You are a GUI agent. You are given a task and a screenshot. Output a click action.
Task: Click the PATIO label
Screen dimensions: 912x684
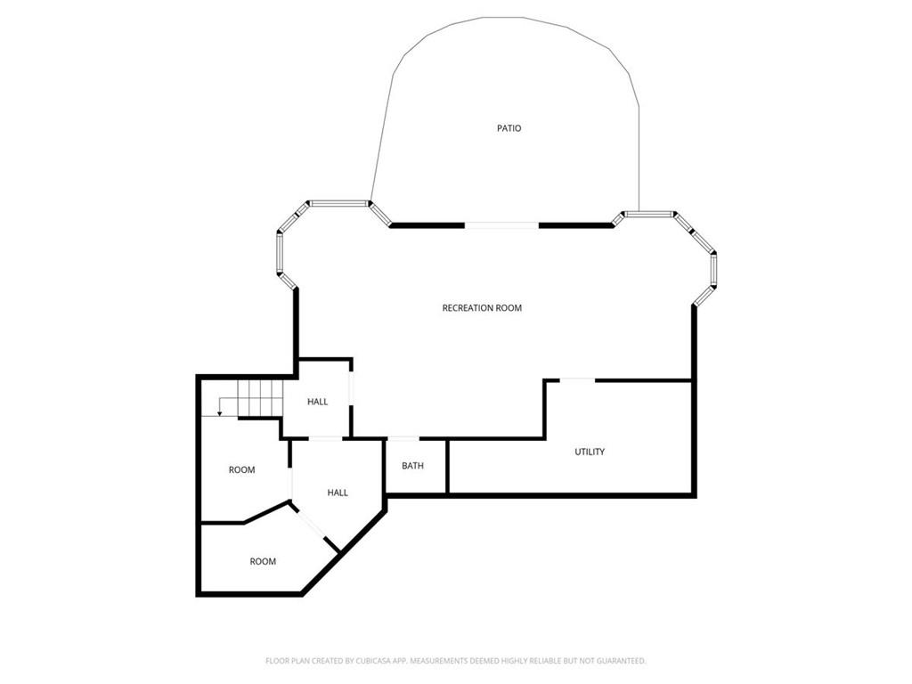click(509, 128)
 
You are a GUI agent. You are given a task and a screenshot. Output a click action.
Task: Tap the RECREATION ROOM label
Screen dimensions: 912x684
click(482, 307)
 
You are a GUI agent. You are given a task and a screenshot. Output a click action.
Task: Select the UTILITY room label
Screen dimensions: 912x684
click(590, 452)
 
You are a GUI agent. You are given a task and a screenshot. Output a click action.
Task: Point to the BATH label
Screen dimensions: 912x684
click(412, 466)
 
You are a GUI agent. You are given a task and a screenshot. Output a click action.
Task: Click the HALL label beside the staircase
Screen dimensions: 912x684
click(318, 402)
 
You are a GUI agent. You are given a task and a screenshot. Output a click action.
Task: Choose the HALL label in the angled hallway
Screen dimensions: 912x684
click(338, 493)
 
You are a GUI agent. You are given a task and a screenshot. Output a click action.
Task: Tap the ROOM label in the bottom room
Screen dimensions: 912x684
click(263, 561)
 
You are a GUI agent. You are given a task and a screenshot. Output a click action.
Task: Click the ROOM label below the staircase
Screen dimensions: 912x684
click(241, 469)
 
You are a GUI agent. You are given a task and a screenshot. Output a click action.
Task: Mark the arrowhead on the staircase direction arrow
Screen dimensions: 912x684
click(219, 413)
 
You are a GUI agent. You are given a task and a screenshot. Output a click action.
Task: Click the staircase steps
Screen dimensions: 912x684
click(260, 398)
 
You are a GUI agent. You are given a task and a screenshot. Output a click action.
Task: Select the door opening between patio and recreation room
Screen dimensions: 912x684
click(501, 225)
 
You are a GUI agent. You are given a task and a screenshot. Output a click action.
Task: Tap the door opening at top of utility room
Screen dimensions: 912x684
click(577, 380)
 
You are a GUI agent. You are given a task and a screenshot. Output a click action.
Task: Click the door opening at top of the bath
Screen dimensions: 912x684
click(403, 437)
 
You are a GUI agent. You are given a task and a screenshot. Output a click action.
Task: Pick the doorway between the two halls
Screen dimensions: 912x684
click(326, 437)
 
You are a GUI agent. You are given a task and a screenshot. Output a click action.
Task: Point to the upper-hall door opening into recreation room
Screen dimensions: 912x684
click(351, 387)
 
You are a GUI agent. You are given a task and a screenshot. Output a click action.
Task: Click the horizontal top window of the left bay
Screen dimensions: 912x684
click(338, 204)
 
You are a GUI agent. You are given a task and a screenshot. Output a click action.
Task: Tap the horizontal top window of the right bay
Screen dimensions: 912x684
click(648, 214)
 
